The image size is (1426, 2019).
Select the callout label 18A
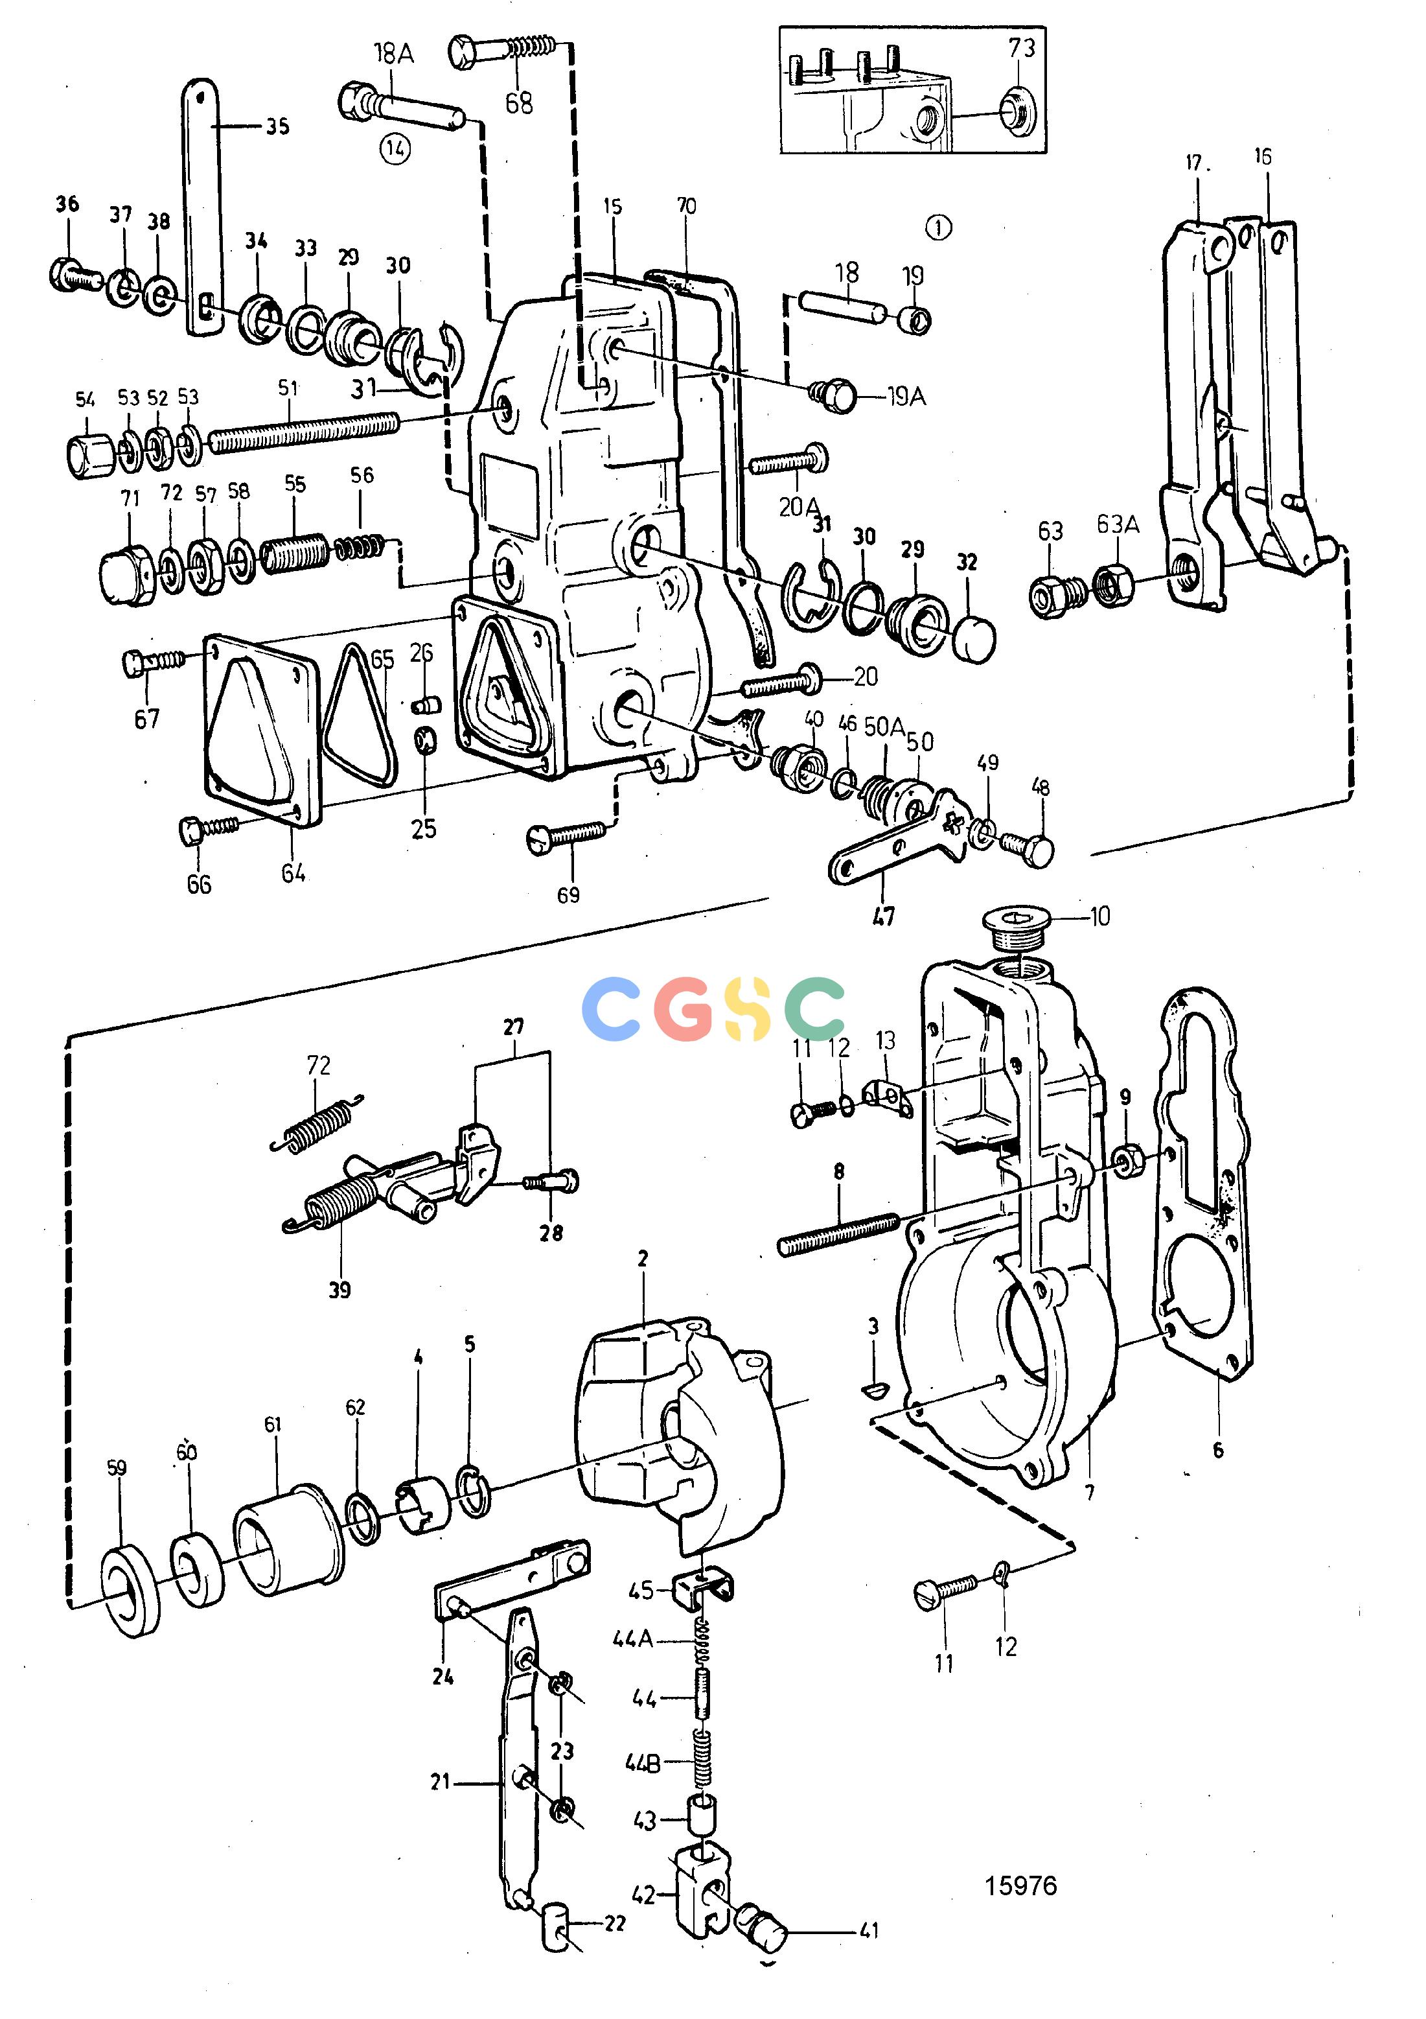[x=393, y=54]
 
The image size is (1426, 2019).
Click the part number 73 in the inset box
[x=1022, y=47]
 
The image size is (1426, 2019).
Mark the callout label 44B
[x=643, y=1763]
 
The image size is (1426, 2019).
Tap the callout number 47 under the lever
[x=884, y=916]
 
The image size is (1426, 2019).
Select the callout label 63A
[x=1118, y=524]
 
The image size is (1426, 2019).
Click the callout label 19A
[x=906, y=397]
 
